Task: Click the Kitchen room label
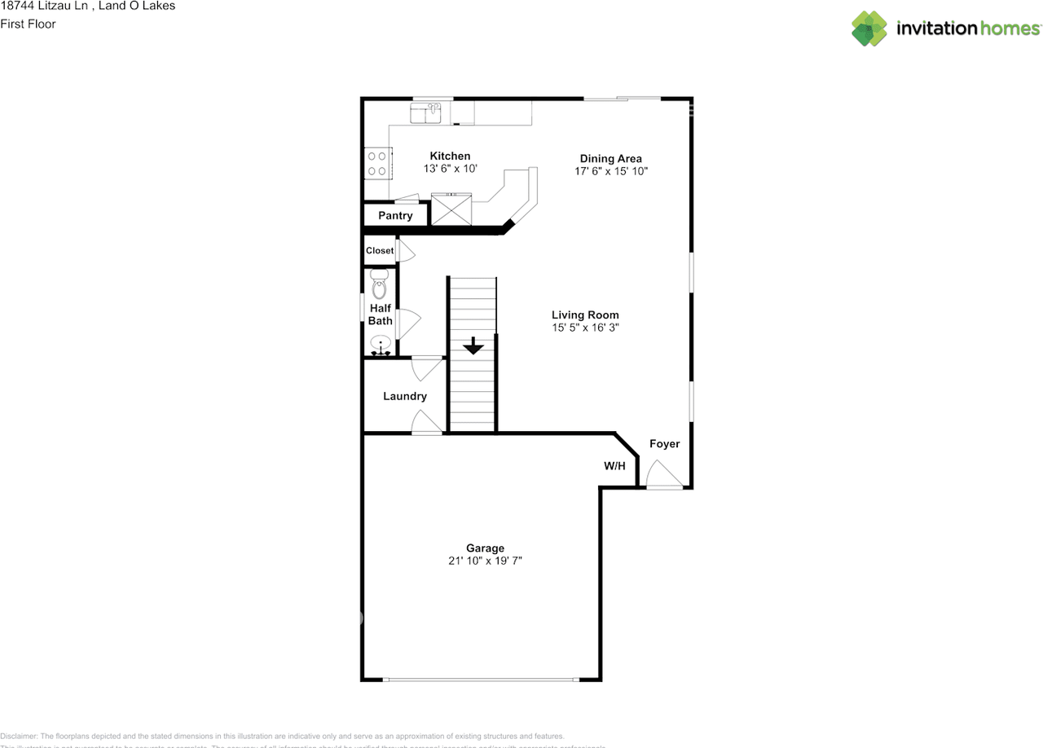450,156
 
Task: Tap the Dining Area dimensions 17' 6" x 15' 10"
610,171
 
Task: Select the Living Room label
585,315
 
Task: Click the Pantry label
395,216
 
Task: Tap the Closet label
379,251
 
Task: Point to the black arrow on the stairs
473,346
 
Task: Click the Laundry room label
405,396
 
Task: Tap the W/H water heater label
614,466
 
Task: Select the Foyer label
664,444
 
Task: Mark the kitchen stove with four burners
377,163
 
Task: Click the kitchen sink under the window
426,112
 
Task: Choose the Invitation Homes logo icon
869,29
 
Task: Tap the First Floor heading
28,24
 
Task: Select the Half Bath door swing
408,323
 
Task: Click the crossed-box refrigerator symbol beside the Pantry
451,209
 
